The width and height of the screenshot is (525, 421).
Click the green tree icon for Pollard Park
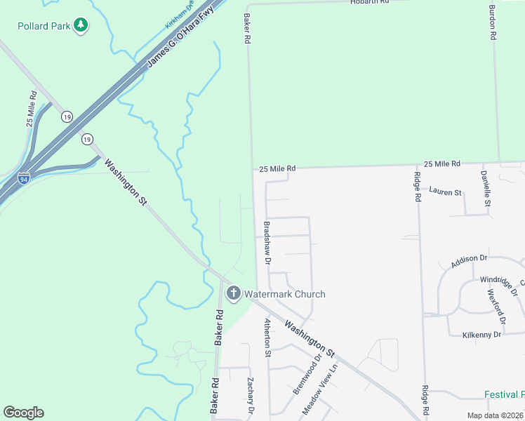click(81, 26)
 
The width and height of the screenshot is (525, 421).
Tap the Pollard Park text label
click(44, 26)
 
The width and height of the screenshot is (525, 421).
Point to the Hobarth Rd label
click(369, 2)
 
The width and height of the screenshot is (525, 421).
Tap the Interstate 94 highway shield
click(25, 178)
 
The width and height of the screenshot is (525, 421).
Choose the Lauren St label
click(445, 192)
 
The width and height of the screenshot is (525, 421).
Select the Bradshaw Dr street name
click(267, 242)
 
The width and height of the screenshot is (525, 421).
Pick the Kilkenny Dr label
click(481, 335)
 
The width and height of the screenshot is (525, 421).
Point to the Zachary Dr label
click(249, 395)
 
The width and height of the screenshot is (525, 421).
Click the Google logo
click(24, 413)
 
